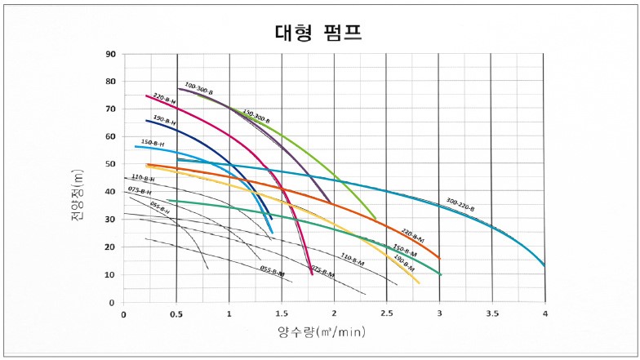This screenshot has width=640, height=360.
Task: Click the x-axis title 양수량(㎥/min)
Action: click(x=319, y=332)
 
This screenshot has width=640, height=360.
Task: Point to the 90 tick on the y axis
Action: click(x=110, y=55)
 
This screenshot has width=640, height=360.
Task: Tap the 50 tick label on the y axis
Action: click(x=110, y=164)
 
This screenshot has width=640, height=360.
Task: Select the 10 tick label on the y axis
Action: click(x=110, y=275)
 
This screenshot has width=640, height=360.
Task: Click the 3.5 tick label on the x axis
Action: click(x=491, y=313)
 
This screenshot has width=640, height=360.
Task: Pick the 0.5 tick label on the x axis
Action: click(x=176, y=313)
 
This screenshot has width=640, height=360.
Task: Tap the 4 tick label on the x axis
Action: click(x=544, y=313)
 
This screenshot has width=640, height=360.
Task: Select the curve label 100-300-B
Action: click(x=198, y=88)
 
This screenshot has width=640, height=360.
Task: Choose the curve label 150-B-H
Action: click(x=153, y=143)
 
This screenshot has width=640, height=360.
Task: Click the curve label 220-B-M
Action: click(x=413, y=234)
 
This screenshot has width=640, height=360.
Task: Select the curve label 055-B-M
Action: click(x=273, y=271)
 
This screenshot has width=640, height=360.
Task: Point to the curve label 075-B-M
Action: click(x=322, y=271)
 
